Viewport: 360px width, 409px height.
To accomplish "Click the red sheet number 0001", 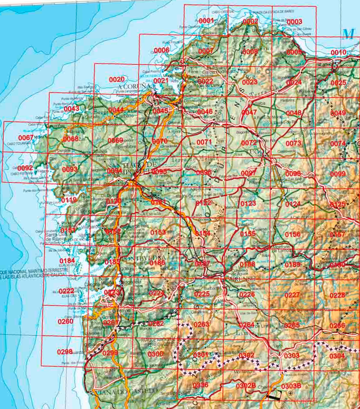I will point(206,21).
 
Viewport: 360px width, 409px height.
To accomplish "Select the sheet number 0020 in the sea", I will point(117,79).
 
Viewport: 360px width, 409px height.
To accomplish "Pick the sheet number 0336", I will point(200,385).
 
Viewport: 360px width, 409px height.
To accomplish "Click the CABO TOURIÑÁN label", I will point(17,144).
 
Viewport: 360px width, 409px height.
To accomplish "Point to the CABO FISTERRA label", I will point(20,173).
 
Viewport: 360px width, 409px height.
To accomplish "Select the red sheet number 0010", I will point(338,52).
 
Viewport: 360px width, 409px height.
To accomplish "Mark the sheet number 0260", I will point(65,321).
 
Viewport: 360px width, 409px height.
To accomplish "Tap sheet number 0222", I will point(66,291).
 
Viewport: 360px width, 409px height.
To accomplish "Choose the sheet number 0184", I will point(67,261).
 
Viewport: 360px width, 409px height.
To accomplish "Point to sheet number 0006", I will point(161,51).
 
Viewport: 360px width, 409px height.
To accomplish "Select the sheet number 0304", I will point(337,356).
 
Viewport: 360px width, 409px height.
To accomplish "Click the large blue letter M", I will point(348,34).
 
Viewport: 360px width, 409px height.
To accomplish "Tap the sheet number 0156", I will point(293,234).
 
